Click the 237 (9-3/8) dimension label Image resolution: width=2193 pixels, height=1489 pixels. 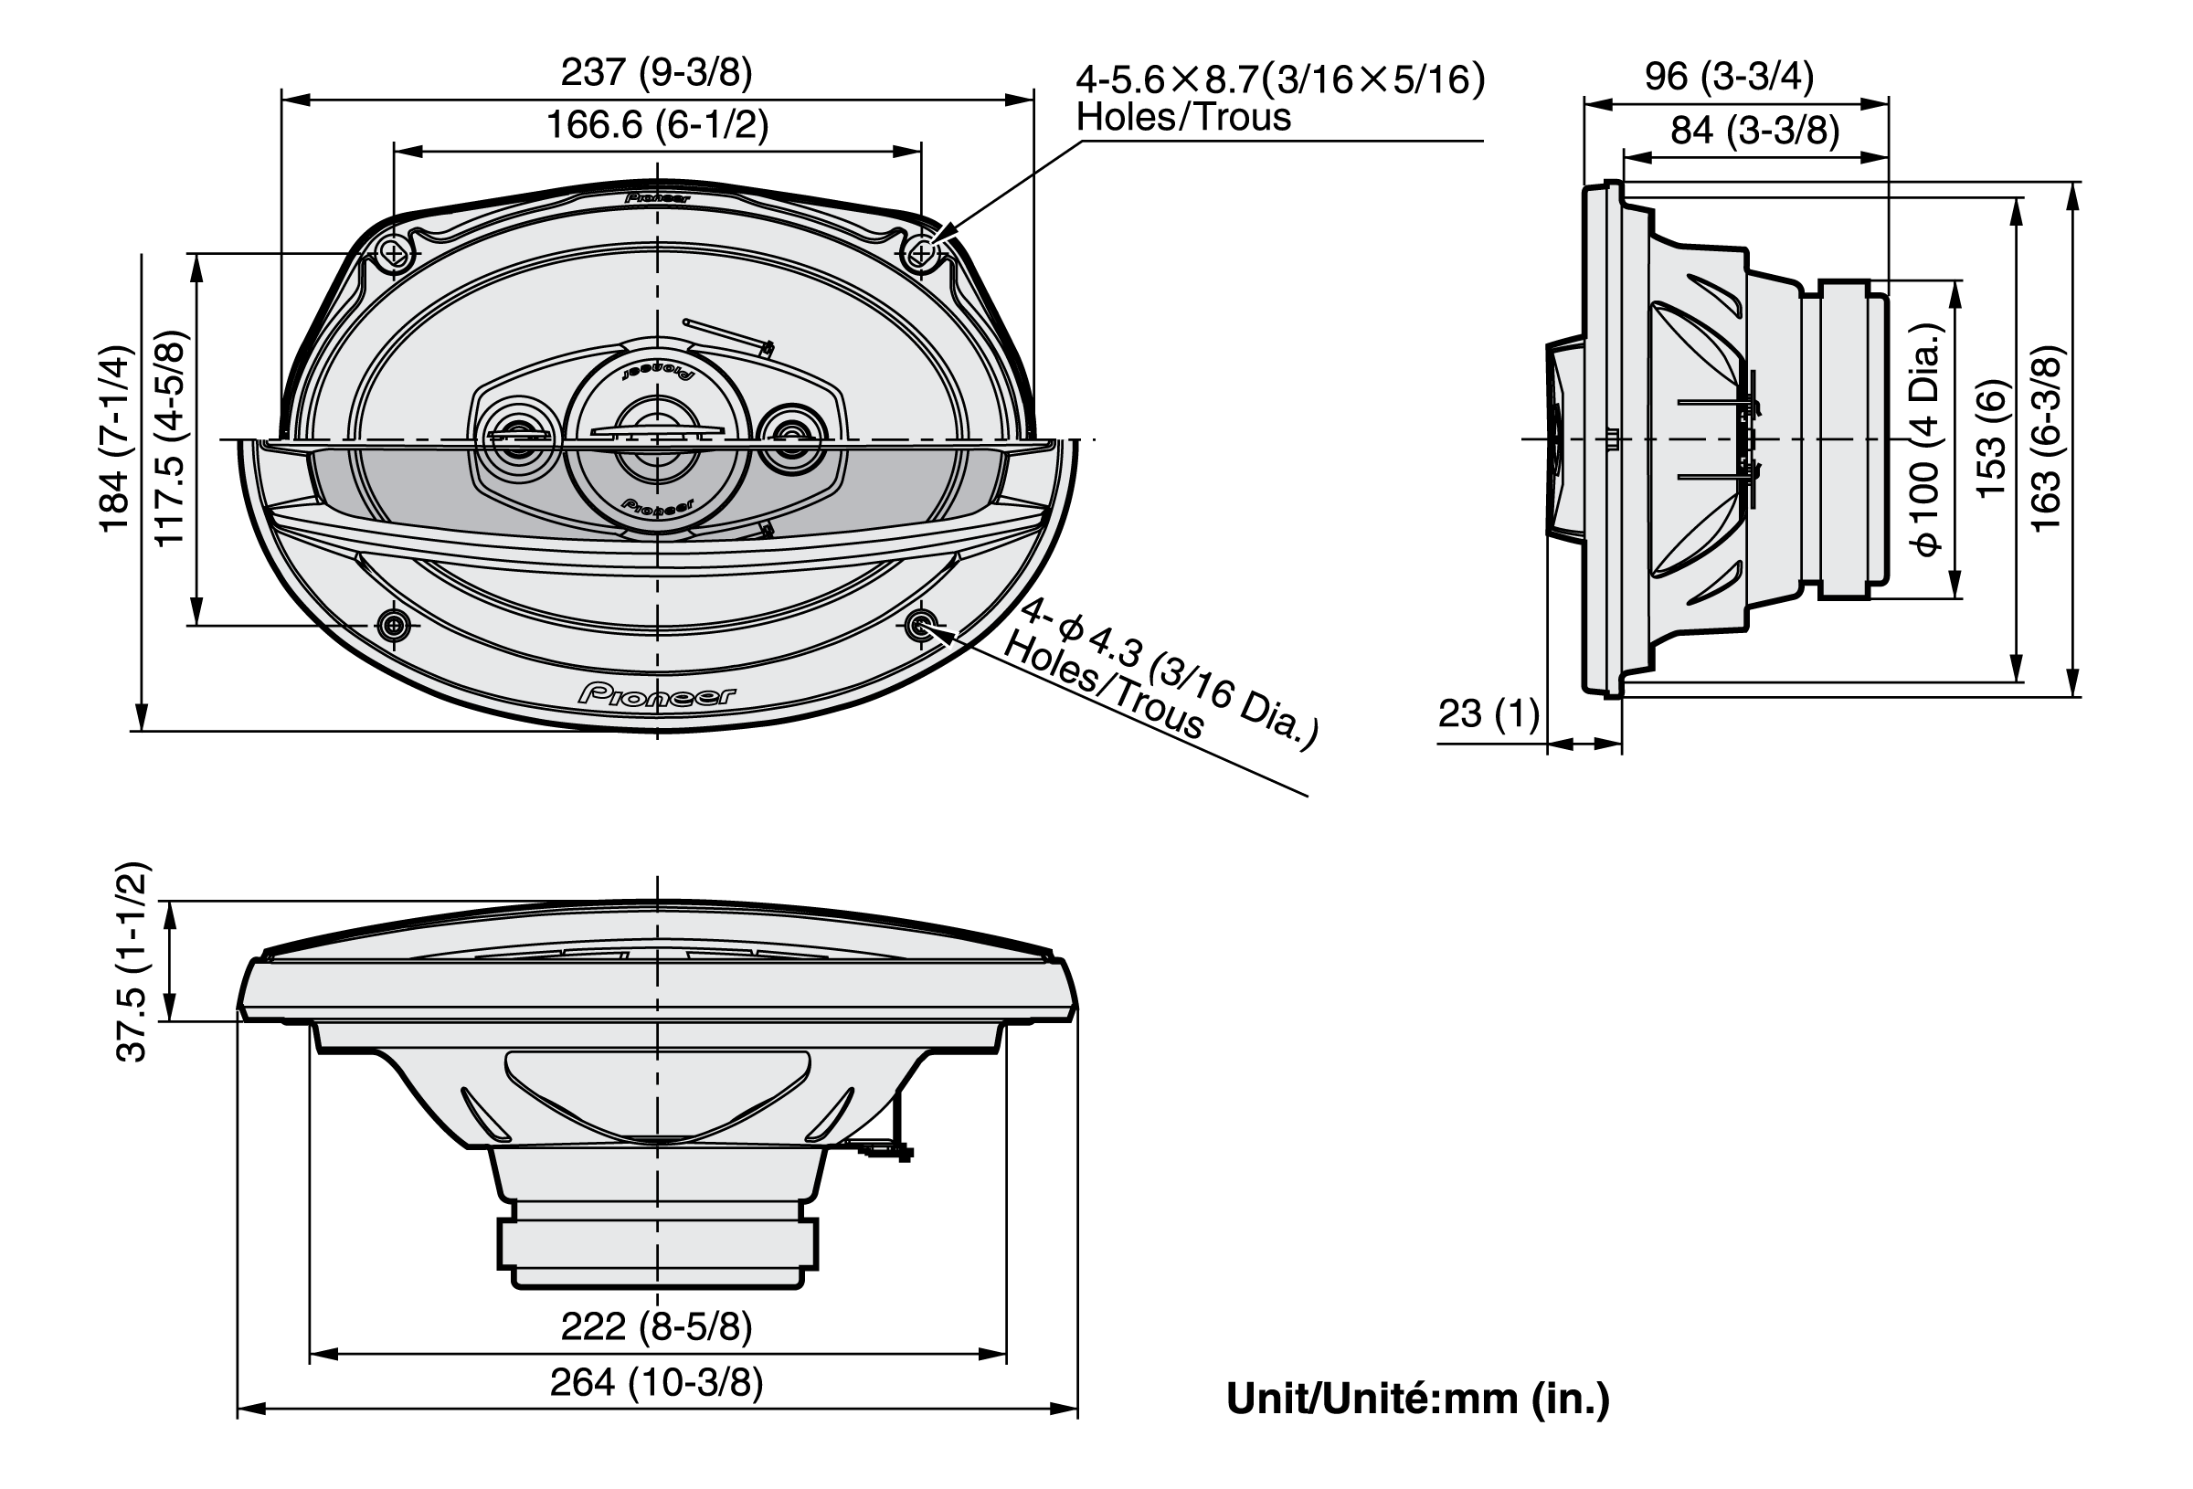657,72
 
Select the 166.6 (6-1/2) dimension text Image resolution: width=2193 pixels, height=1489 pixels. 658,124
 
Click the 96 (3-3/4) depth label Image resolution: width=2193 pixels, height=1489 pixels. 1729,76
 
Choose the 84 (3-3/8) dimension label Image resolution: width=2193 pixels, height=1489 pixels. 1755,130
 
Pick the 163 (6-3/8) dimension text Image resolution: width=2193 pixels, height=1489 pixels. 2047,439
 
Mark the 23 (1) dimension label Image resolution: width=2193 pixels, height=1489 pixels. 1489,713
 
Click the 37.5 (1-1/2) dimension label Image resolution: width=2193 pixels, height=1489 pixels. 132,962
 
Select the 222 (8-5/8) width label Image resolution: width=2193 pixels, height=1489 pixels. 657,1325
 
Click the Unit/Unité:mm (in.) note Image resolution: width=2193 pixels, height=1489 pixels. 1417,1399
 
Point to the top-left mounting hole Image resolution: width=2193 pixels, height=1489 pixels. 395,253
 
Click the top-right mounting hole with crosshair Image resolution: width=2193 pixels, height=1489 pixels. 921,252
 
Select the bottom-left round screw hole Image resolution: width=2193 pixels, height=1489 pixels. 395,624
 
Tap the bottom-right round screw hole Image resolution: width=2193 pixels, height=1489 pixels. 920,624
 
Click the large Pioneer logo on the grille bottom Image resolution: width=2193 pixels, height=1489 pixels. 658,695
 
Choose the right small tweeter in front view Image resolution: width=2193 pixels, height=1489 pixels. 792,438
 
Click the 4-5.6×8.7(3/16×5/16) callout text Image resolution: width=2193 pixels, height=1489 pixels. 1280,79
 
